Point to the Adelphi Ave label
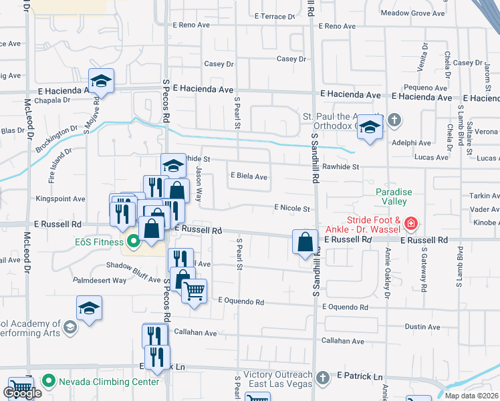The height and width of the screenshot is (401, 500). coord(412,142)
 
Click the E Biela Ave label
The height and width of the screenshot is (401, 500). coord(249,177)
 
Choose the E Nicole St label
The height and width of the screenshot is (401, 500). coord(292,209)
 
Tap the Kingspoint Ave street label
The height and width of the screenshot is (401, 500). coord(61,198)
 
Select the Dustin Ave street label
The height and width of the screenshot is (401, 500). coord(421,327)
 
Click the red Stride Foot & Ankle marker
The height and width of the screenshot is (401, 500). coord(412,223)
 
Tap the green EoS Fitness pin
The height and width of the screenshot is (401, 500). coord(132,242)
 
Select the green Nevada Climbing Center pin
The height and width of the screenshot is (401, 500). coord(48,382)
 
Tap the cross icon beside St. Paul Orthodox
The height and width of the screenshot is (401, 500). coord(394,120)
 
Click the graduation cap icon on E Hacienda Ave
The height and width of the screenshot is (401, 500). coord(101,81)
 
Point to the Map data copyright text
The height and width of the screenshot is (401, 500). coord(471,396)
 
